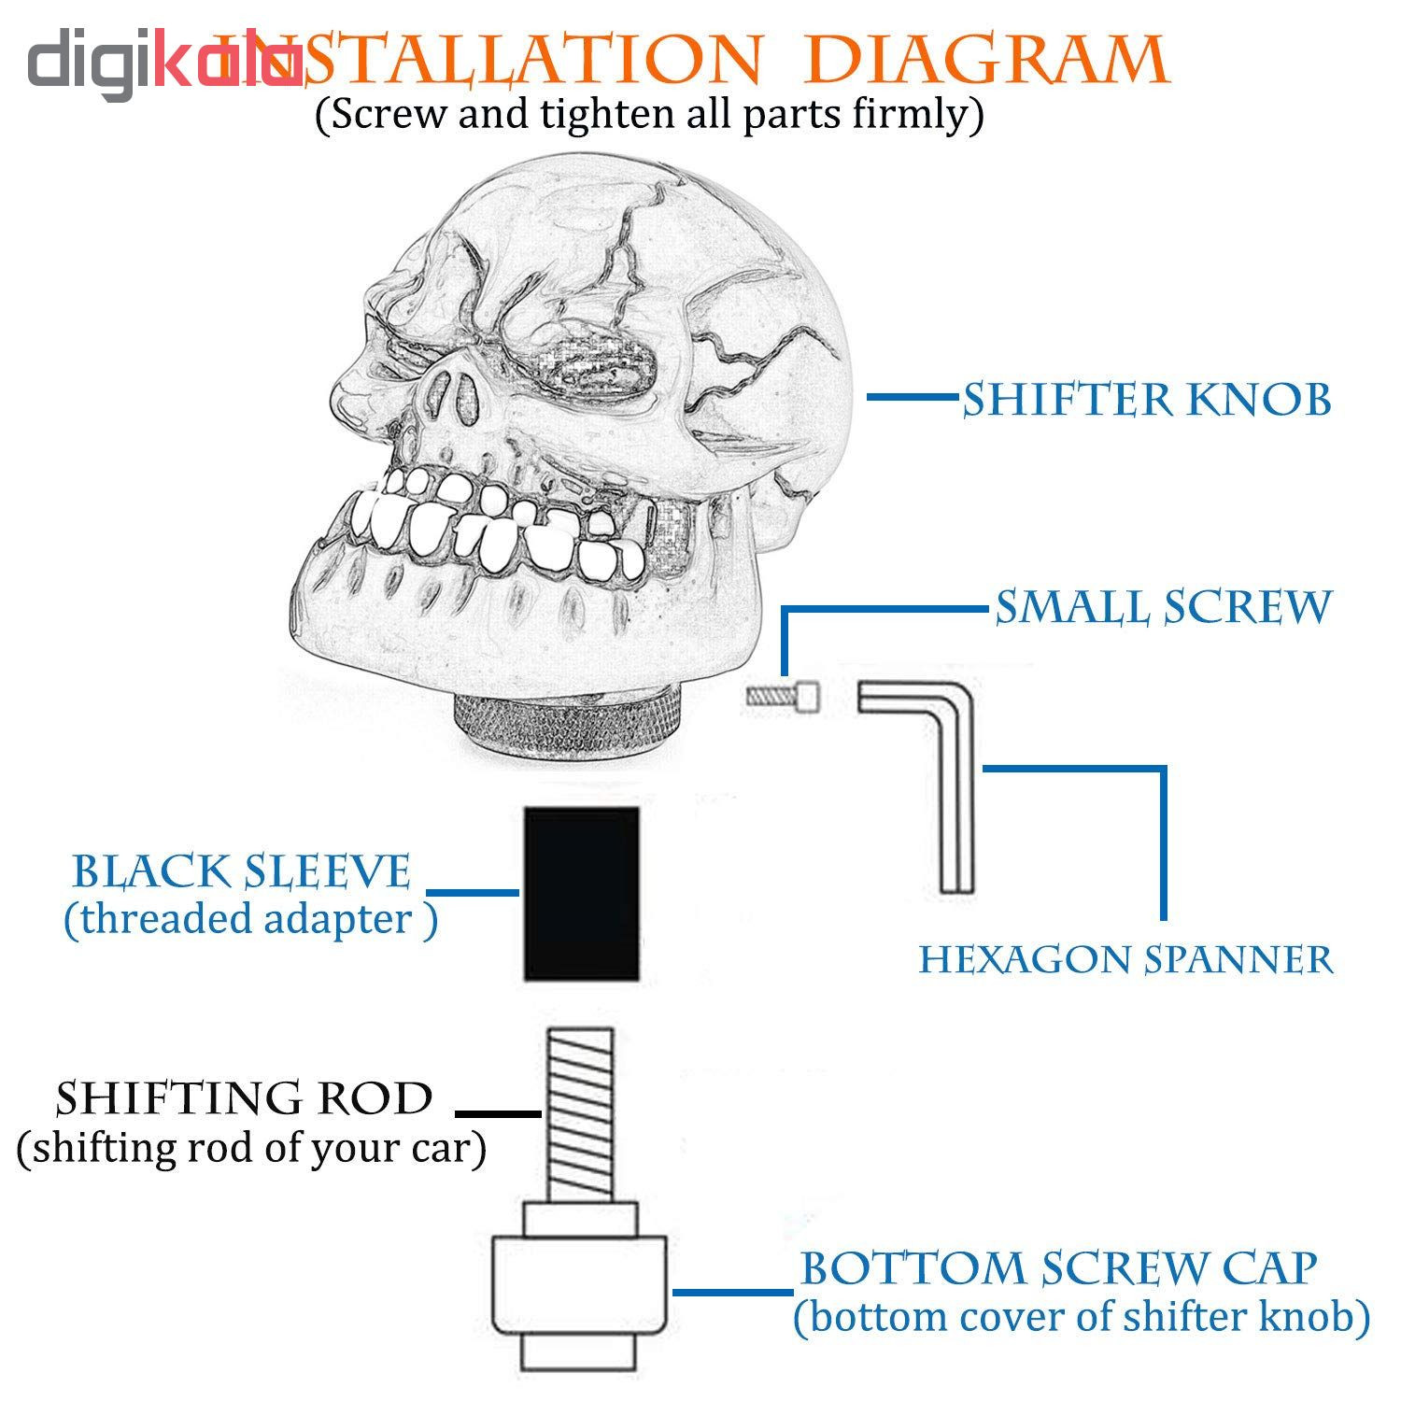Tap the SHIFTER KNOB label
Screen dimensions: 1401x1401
click(1147, 400)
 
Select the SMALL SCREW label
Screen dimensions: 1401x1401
click(1163, 607)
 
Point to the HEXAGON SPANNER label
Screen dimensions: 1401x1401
click(1126, 959)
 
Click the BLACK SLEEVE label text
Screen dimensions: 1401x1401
click(241, 871)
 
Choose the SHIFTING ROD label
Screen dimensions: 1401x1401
click(245, 1098)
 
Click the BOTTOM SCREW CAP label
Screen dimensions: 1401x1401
click(1059, 1268)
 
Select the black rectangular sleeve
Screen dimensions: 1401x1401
click(581, 894)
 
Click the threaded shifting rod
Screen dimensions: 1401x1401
click(579, 1111)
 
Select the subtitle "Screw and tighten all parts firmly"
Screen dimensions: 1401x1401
click(650, 115)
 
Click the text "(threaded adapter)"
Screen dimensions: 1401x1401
click(250, 920)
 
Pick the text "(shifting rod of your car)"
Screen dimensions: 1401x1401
click(251, 1148)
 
